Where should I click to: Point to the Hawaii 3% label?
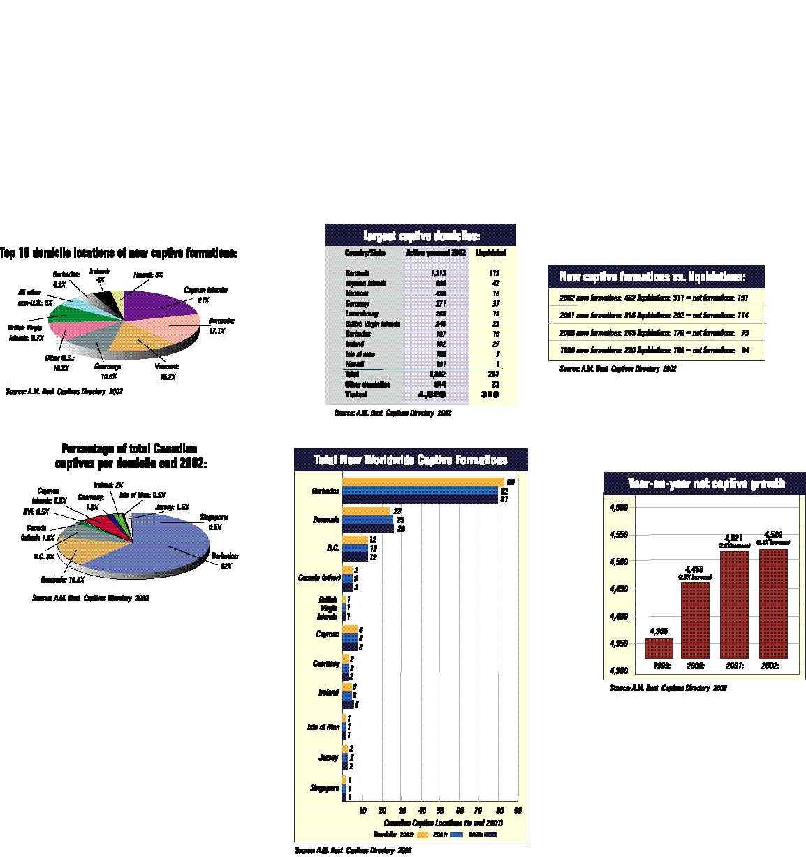(149, 274)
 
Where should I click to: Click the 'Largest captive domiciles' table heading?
(420, 235)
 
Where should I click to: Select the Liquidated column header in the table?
(491, 252)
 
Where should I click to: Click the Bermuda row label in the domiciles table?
(357, 273)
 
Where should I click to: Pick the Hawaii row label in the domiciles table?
(355, 364)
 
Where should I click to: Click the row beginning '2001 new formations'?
(655, 315)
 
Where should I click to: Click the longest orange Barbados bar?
(423, 482)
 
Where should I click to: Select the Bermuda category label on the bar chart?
(326, 520)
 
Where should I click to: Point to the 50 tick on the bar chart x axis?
(440, 811)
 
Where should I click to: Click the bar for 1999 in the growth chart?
(659, 648)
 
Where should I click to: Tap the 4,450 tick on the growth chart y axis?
(619, 589)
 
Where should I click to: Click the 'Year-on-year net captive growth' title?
(705, 483)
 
